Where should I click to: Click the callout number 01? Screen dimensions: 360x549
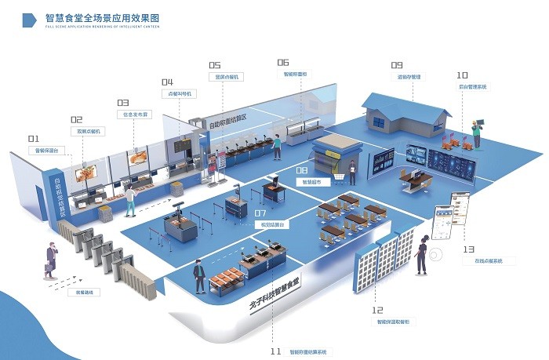(33, 140)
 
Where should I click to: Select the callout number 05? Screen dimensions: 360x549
(214, 66)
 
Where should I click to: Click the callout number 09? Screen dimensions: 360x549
(397, 66)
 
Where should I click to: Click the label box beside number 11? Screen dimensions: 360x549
(307, 351)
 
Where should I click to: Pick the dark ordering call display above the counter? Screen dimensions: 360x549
(182, 144)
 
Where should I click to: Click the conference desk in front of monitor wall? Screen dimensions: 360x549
(415, 180)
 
